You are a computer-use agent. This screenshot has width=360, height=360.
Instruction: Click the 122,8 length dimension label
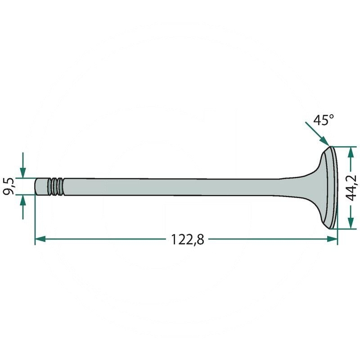187,240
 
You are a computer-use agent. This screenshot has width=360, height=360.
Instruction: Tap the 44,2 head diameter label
351,188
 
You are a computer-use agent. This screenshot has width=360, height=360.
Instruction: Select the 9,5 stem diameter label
9,186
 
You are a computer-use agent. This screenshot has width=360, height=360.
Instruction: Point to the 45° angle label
324,120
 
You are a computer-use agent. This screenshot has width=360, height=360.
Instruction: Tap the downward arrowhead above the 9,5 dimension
23,173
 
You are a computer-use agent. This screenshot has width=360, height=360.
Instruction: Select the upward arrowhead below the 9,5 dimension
23,200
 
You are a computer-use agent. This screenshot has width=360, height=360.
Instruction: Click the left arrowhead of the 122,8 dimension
40,239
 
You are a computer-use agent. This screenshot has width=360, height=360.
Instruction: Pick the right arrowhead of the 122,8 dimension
332,239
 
